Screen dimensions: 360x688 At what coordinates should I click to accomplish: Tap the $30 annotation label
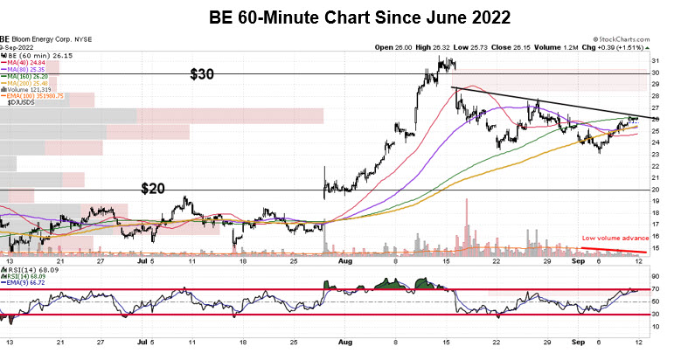click(203, 75)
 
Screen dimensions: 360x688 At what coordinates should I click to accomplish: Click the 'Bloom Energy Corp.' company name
click(44, 39)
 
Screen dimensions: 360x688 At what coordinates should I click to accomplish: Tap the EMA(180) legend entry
click(35, 95)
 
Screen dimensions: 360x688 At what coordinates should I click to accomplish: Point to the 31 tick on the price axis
click(655, 60)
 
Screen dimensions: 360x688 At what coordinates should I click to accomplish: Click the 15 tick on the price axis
click(655, 249)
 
